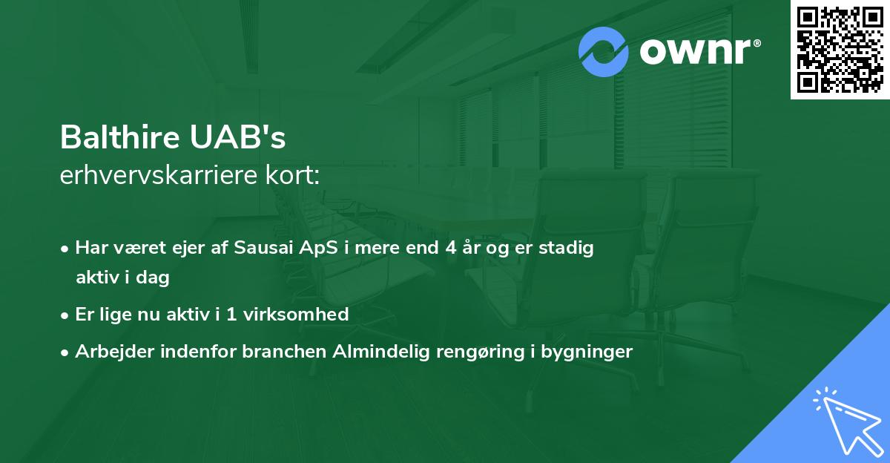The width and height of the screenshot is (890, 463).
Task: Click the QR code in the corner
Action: pyautogui.click(x=840, y=50)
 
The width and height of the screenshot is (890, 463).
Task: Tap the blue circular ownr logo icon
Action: pyautogui.click(x=604, y=51)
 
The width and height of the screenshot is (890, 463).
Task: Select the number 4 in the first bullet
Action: pyautogui.click(x=449, y=248)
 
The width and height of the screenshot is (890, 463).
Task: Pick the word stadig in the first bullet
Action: pyautogui.click(x=568, y=248)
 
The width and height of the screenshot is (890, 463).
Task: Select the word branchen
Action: pyautogui.click(x=278, y=351)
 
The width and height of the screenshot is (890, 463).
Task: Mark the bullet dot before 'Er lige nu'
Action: pyautogui.click(x=66, y=315)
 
